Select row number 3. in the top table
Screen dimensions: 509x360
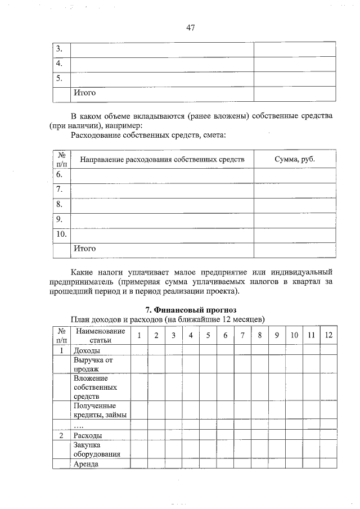coord(59,49)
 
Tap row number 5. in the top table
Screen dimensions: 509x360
coord(59,79)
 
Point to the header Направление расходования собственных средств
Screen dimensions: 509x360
coord(162,159)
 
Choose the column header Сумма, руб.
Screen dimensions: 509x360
coord(295,159)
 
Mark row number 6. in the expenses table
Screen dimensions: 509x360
coord(59,175)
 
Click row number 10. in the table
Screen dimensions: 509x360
coord(61,233)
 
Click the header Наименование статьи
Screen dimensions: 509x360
coord(100,336)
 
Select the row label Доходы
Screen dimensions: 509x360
coord(87,350)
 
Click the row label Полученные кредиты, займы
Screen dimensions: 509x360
coord(100,410)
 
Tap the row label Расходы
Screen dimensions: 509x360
coord(88,436)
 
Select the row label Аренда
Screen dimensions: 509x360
coord(86,464)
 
